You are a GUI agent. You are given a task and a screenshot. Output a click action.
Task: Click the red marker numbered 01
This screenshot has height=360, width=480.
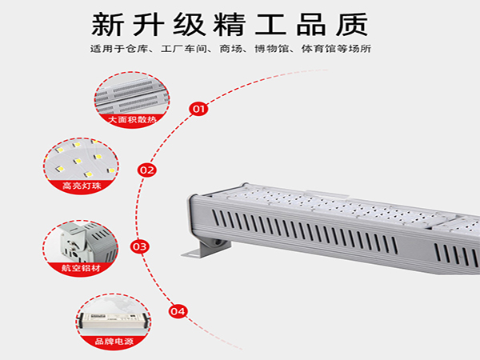pyautogui.click(x=198, y=107)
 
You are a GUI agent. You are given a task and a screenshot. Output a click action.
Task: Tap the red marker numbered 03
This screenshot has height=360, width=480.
pyautogui.click(x=139, y=246)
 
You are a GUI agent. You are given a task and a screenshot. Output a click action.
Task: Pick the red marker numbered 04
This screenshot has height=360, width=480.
pyautogui.click(x=178, y=311)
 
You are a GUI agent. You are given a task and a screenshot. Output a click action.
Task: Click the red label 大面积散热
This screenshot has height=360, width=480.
pyautogui.click(x=130, y=119)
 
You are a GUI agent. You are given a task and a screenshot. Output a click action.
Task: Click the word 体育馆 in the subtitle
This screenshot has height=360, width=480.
pyautogui.click(x=330, y=50)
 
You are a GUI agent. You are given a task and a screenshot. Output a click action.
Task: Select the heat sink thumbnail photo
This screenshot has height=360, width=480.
pyautogui.click(x=130, y=94)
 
